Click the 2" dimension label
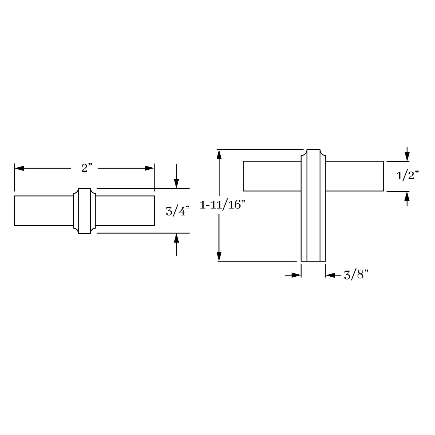point(87,168)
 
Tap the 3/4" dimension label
point(178,211)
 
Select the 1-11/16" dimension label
point(222,205)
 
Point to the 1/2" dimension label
point(408,175)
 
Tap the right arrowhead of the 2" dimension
point(149,168)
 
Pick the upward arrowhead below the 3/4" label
point(176,238)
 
